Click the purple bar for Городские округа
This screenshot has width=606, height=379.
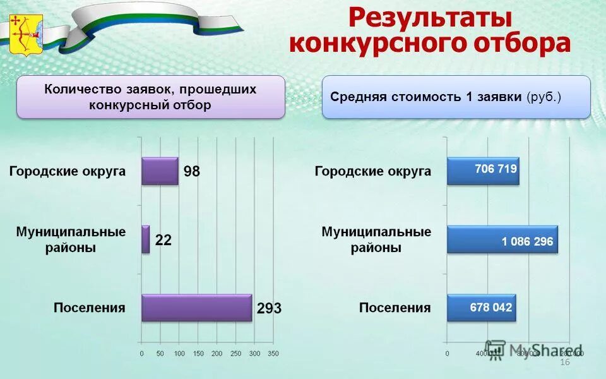point(160,171)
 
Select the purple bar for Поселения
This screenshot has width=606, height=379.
point(196,308)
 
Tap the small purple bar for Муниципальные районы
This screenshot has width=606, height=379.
point(146,239)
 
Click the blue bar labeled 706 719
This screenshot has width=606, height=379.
point(483,171)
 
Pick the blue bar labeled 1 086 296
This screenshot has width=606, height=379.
point(502,240)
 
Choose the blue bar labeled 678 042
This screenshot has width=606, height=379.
point(482,308)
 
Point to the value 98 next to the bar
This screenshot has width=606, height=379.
point(192,171)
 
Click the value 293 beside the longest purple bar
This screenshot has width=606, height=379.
point(268,309)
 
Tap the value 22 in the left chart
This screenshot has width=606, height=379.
point(163,241)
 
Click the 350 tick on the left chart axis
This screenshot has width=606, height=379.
point(273,353)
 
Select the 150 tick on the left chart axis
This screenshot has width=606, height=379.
point(198,353)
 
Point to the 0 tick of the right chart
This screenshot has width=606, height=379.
point(448,353)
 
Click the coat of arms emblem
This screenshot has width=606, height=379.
point(26,35)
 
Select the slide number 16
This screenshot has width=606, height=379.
point(565,362)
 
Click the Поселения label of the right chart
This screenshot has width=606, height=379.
point(395,308)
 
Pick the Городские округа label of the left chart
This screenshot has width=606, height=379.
point(67,171)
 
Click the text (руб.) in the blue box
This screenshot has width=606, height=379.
point(544,97)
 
